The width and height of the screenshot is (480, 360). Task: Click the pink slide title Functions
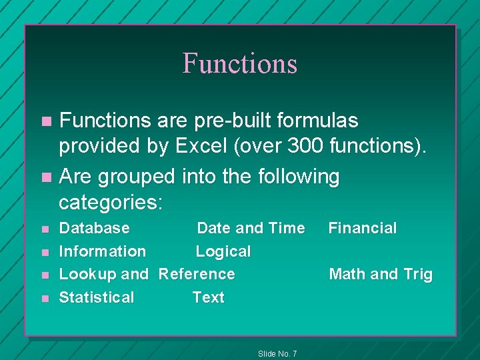pyautogui.click(x=239, y=63)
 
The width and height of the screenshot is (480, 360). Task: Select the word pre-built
pyautogui.click(x=222, y=121)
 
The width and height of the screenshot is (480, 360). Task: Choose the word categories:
pyautogui.click(x=111, y=202)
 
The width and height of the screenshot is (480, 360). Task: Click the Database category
pyautogui.click(x=95, y=229)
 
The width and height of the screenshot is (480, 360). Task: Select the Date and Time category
pyautogui.click(x=251, y=229)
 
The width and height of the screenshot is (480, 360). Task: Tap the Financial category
pyautogui.click(x=363, y=229)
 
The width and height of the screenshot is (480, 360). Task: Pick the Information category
pyautogui.click(x=103, y=251)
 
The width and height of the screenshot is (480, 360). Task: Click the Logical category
pyautogui.click(x=223, y=251)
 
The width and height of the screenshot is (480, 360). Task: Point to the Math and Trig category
pyautogui.click(x=381, y=274)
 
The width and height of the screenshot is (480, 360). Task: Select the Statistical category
pyautogui.click(x=97, y=297)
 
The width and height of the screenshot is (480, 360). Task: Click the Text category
pyautogui.click(x=209, y=297)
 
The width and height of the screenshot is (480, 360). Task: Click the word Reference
pyautogui.click(x=197, y=274)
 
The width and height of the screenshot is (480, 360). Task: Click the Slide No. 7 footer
pyautogui.click(x=277, y=353)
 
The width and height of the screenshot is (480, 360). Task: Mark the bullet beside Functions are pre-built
pyautogui.click(x=45, y=122)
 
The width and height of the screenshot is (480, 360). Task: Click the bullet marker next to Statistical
pyautogui.click(x=45, y=298)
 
